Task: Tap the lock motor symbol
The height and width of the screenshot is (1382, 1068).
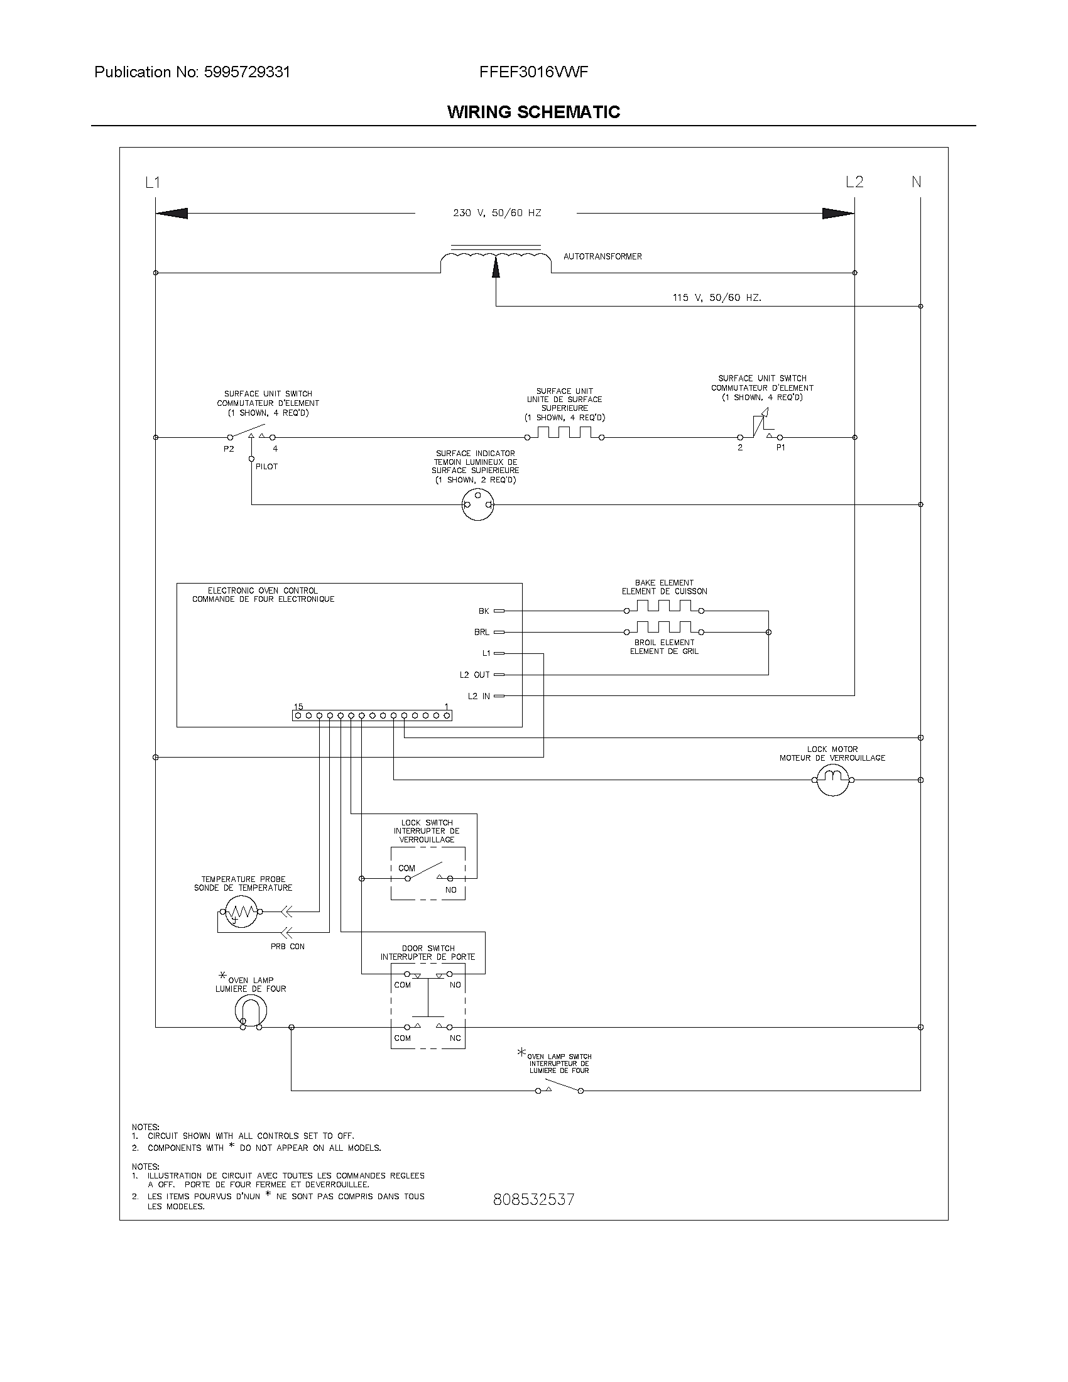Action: (x=832, y=780)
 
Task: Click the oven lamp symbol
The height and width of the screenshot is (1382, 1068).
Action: (x=251, y=1011)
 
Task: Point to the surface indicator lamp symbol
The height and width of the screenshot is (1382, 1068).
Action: (x=477, y=504)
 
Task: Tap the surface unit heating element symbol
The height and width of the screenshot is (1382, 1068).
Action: (x=564, y=433)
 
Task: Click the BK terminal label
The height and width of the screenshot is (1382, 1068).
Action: (x=483, y=611)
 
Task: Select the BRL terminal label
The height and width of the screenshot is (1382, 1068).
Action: (x=481, y=632)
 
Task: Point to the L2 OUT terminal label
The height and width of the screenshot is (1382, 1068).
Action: (x=474, y=675)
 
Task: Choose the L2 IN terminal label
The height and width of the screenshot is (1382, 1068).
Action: (x=479, y=696)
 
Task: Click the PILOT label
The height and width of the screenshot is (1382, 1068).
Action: (x=266, y=466)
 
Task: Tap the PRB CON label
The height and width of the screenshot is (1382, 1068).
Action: (x=287, y=947)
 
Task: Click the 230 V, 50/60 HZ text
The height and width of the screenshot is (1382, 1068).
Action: (x=497, y=213)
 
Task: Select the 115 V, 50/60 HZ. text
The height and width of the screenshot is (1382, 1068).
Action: (x=717, y=297)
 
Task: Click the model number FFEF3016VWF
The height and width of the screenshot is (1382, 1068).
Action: (x=533, y=72)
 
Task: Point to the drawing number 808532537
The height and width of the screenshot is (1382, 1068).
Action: (x=533, y=1199)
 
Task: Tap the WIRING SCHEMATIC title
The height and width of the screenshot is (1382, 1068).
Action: (x=533, y=112)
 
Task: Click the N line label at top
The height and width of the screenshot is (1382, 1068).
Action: (x=916, y=182)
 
